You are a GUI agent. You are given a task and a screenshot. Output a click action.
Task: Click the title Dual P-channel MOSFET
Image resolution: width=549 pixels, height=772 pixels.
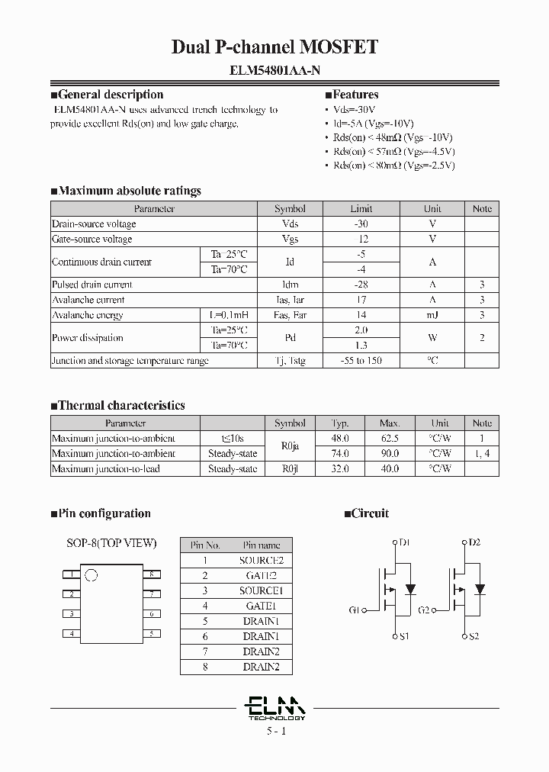point(274,47)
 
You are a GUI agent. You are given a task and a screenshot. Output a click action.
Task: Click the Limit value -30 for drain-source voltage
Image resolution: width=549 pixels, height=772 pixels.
point(361,224)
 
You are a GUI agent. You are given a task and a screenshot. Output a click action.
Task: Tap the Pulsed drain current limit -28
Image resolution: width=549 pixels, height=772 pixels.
point(361,285)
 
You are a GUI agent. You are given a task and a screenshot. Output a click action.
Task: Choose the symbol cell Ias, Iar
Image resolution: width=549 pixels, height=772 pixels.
point(290,300)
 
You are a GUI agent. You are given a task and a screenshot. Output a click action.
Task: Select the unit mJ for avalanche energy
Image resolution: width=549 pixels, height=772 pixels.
point(432,315)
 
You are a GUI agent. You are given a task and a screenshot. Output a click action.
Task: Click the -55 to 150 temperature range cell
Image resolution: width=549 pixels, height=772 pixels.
point(361,361)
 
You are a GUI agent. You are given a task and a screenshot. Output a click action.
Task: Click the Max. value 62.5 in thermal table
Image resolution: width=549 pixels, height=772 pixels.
point(389,439)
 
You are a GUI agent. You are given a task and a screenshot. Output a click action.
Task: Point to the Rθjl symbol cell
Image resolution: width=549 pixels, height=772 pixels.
point(290,469)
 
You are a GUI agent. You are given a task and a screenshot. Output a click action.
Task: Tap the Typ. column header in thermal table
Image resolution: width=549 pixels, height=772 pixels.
point(340,423)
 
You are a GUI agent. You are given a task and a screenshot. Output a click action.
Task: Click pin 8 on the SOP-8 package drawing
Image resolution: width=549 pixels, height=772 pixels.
point(152,574)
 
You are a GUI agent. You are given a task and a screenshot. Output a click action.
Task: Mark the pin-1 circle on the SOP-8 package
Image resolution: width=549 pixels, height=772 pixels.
point(91,575)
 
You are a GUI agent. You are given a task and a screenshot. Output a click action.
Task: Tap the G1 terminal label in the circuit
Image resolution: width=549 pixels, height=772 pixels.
point(355,610)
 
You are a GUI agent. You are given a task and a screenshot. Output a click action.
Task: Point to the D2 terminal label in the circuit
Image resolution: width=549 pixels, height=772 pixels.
point(474,542)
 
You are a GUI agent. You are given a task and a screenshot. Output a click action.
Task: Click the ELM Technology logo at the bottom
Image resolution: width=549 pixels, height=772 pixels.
point(276,707)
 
